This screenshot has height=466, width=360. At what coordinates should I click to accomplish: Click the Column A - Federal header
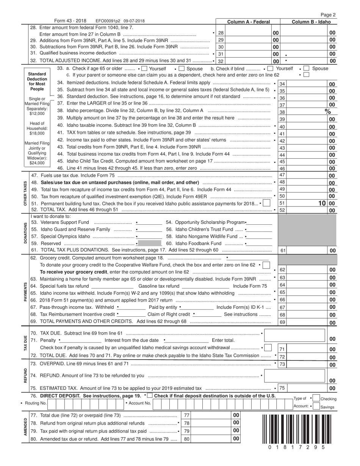click(248, 22)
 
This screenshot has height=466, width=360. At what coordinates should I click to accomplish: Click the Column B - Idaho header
click(311, 22)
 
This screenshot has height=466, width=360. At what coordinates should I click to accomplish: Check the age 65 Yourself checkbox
click(144, 69)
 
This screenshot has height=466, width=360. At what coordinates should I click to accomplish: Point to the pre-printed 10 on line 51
click(322, 203)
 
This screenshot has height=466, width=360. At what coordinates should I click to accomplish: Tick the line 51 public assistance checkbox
click(266, 203)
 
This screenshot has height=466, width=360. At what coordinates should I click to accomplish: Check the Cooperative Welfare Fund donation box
click(266, 264)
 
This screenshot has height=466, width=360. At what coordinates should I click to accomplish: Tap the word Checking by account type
click(328, 399)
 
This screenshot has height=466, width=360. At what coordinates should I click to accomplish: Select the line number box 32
click(221, 61)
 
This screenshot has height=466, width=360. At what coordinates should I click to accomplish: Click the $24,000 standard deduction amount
click(37, 163)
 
